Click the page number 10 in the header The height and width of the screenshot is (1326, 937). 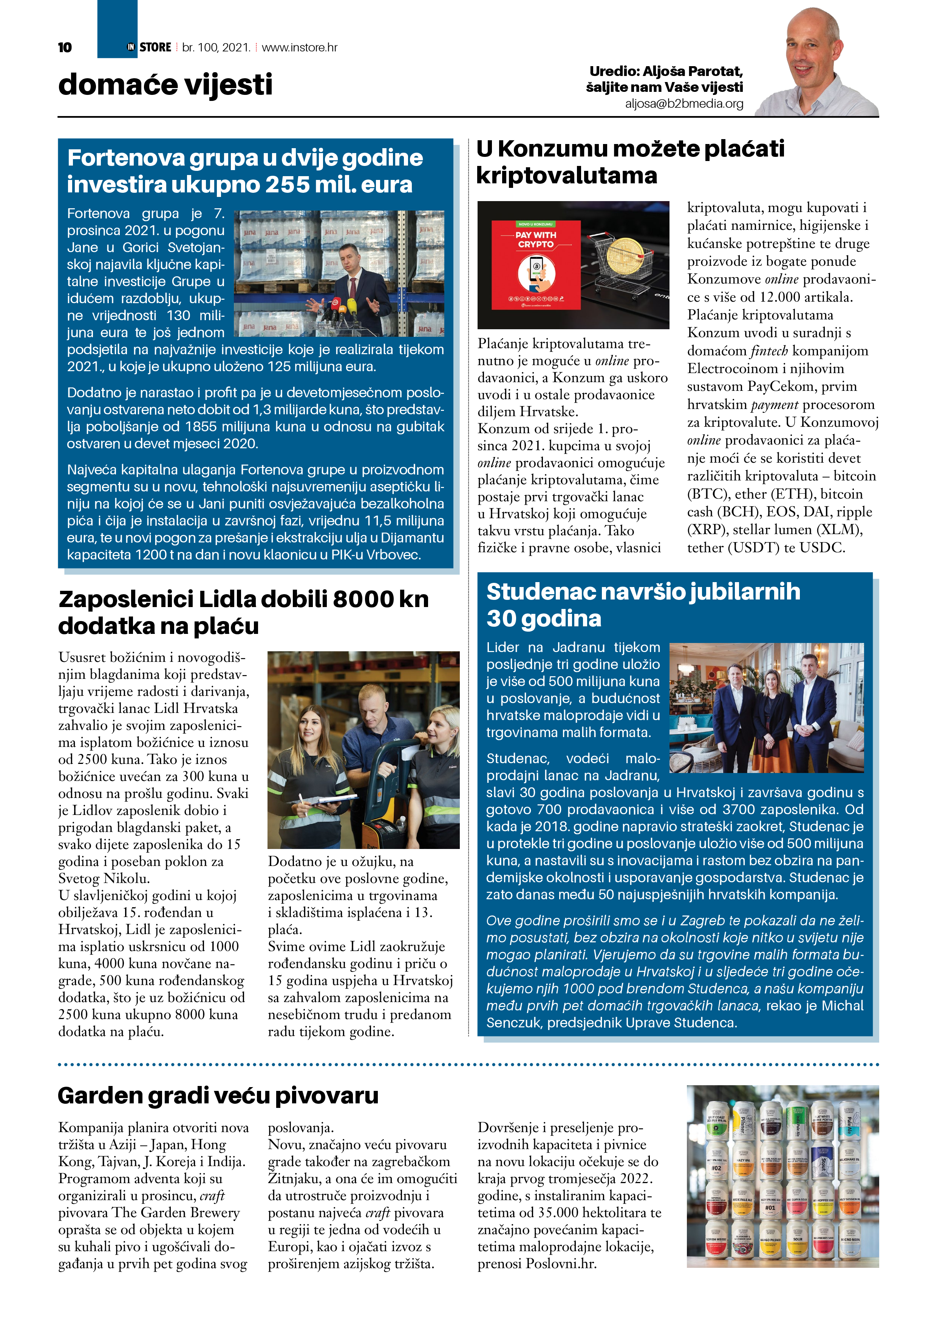point(65,47)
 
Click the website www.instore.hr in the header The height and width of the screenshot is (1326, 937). point(299,47)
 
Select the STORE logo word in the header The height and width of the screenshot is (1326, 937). point(155,47)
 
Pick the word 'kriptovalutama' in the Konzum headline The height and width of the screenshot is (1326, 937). point(566,175)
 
